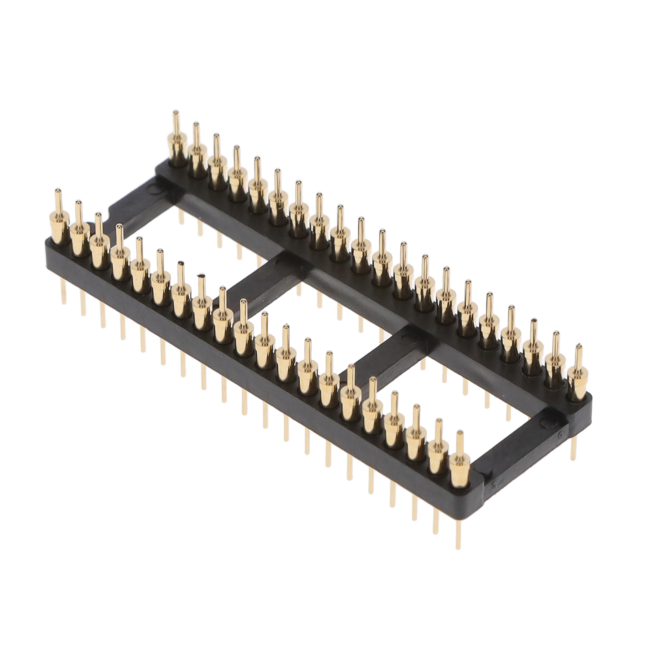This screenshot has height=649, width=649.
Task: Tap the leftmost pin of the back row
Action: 177,145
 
